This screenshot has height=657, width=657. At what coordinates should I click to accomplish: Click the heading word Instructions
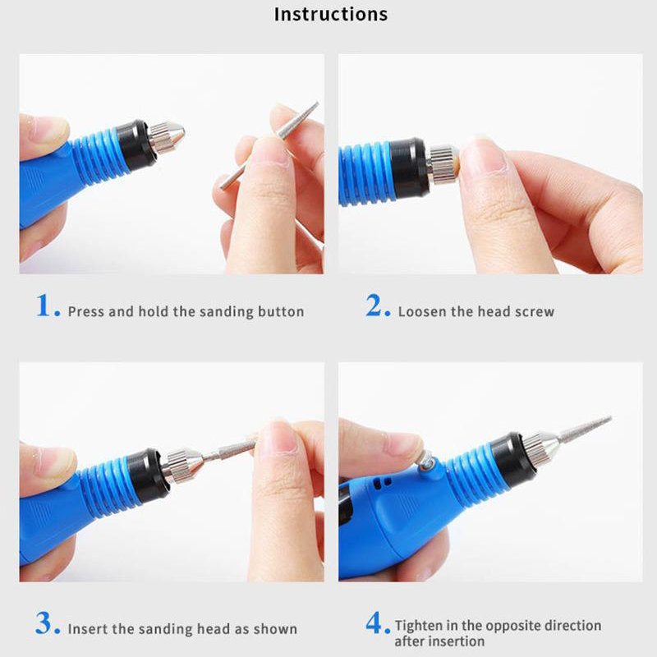[331, 14]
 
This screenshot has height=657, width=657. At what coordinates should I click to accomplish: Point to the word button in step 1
[281, 312]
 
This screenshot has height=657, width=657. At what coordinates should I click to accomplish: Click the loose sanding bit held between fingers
[270, 145]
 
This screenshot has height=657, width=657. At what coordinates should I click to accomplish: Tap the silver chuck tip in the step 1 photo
[167, 136]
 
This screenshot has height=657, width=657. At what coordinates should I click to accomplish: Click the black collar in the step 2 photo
[409, 168]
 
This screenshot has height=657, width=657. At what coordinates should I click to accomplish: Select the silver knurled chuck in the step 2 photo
[443, 163]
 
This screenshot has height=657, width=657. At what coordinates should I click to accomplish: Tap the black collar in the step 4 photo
[514, 461]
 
